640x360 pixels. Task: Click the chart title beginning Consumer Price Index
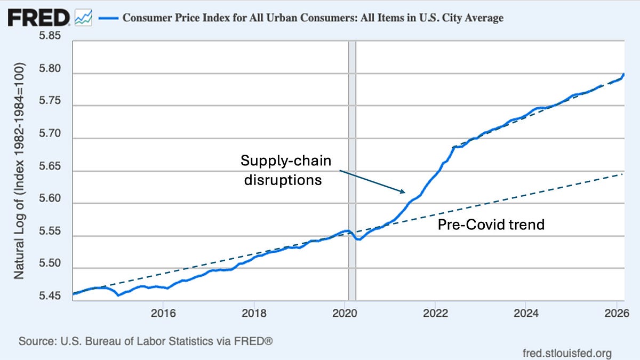pyautogui.click(x=313, y=18)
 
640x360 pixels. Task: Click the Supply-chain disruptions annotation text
pyautogui.click(x=283, y=170)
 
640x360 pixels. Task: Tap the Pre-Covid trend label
pyautogui.click(x=491, y=225)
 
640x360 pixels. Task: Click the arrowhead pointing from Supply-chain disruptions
pyautogui.click(x=403, y=191)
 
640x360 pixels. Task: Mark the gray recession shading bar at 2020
pyautogui.click(x=351, y=160)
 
